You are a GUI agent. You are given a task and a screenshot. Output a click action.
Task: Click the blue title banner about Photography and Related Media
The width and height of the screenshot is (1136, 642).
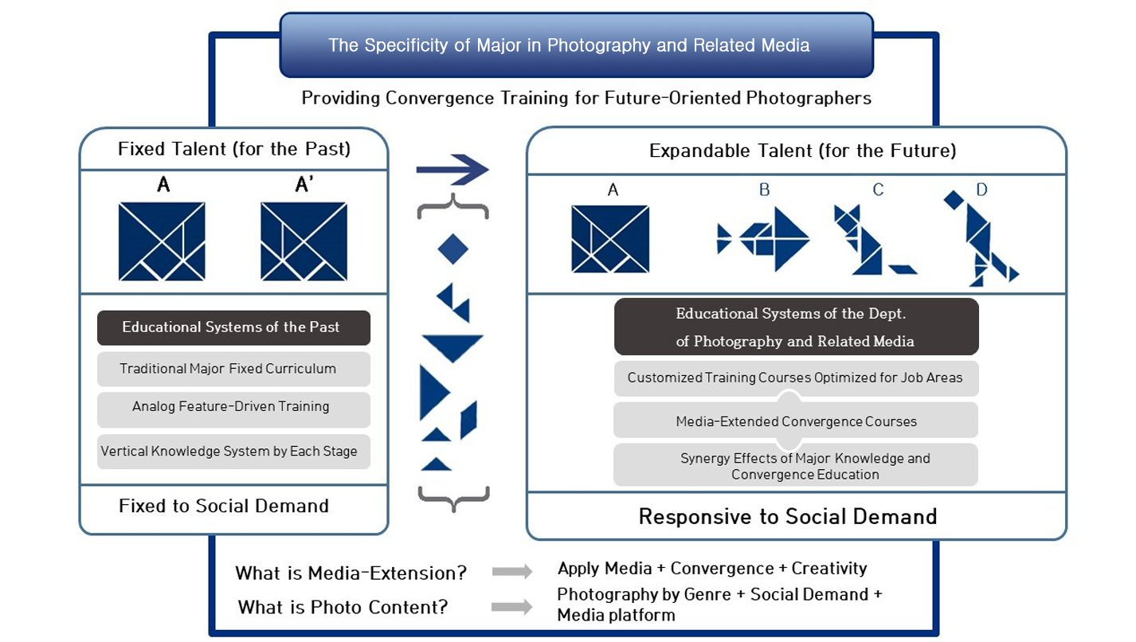(x=576, y=45)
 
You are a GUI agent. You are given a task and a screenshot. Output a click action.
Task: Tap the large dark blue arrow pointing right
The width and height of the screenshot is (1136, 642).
(x=452, y=170)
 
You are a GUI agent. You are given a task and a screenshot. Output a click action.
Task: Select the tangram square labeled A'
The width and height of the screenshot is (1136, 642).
(x=304, y=241)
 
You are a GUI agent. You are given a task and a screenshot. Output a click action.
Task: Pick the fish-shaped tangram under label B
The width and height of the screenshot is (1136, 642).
(x=763, y=238)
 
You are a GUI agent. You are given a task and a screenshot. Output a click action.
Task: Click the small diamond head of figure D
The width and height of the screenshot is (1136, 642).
(x=954, y=200)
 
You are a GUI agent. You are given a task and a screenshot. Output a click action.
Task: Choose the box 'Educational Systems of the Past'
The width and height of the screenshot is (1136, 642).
(x=233, y=327)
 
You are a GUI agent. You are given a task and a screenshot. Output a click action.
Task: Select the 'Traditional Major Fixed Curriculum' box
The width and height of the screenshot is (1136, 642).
(x=233, y=369)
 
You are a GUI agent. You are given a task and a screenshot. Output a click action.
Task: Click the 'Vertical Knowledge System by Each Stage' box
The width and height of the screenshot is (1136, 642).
(x=233, y=452)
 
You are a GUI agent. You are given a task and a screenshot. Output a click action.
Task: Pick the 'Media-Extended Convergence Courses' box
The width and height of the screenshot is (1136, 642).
(x=796, y=421)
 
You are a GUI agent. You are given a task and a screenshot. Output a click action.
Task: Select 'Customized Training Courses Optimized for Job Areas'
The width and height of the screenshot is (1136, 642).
(x=796, y=378)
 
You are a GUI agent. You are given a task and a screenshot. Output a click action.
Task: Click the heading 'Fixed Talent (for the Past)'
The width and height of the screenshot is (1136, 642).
(x=234, y=149)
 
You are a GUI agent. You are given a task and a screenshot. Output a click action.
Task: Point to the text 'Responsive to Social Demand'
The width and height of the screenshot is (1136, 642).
(x=788, y=517)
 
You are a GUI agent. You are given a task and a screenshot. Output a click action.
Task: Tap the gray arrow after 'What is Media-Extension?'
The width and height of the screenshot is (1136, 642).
(x=512, y=572)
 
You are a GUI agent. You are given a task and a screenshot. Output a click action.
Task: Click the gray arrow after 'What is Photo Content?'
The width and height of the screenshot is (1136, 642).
(x=512, y=606)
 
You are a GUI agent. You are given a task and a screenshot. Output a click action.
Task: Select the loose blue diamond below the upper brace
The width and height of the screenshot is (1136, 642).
(x=452, y=249)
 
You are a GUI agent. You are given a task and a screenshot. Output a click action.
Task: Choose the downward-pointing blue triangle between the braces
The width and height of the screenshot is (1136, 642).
(x=452, y=348)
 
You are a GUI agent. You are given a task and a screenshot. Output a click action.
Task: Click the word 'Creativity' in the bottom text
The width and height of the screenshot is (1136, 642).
(x=829, y=569)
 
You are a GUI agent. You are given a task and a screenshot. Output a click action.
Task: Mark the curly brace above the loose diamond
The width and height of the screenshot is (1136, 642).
(x=452, y=206)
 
